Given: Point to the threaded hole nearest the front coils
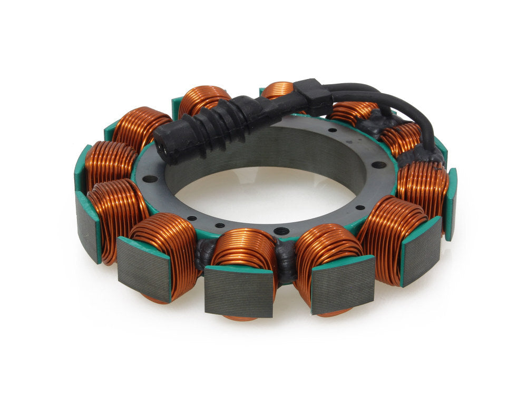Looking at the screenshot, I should pyautogui.click(x=282, y=231).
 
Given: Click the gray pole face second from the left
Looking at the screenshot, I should pyautogui.click(x=143, y=269).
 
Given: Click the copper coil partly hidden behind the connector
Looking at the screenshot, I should pyautogui.click(x=203, y=100).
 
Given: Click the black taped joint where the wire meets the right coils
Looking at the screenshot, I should pyautogui.click(x=422, y=153).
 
